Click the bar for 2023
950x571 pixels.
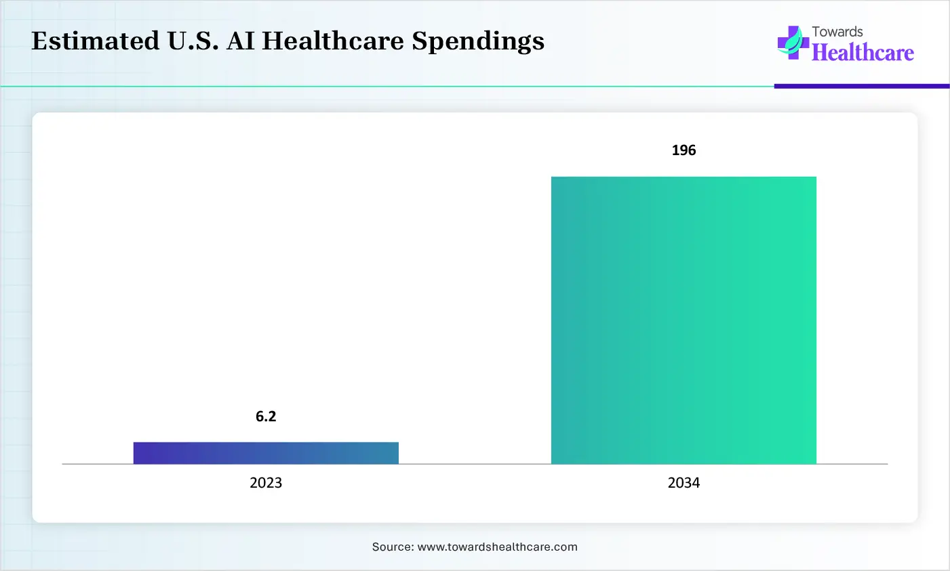pos(266,452)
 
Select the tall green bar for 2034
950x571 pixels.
pos(684,320)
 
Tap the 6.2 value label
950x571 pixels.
pos(266,417)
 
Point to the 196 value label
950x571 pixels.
pos(684,150)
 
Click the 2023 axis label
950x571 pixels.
pos(266,483)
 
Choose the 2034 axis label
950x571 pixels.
pos(684,483)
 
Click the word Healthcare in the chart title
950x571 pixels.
pos(333,41)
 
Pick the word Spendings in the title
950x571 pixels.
pos(478,41)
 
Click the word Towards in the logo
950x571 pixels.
pos(837,32)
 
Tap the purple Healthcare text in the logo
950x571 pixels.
pos(863,53)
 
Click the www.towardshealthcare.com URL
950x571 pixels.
pos(497,547)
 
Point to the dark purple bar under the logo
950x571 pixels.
pos(861,86)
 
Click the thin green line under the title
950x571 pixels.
pos(387,87)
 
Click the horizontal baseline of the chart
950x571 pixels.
pos(475,464)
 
